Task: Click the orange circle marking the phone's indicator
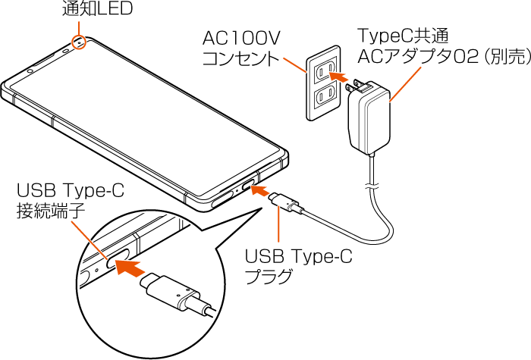click(x=79, y=42)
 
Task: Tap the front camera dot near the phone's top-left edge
click(x=30, y=72)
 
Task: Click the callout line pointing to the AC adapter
click(x=405, y=84)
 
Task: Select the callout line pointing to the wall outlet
click(x=294, y=64)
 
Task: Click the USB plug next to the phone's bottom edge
click(x=287, y=204)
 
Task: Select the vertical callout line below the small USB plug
click(x=280, y=228)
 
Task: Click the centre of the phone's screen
click(x=144, y=121)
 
